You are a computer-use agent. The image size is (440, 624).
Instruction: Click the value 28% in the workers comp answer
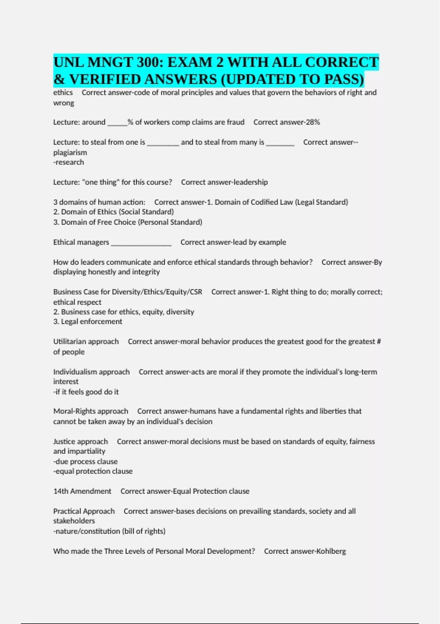[x=313, y=122]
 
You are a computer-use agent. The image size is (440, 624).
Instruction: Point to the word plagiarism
[x=70, y=152]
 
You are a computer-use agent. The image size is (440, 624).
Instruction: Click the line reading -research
[x=69, y=162]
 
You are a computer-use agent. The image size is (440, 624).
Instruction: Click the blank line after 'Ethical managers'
[x=141, y=243]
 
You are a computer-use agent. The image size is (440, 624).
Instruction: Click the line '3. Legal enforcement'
[x=88, y=322]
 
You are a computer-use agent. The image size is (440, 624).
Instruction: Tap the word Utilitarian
[x=70, y=342]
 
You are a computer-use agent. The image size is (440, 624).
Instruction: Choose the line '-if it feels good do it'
[x=86, y=392]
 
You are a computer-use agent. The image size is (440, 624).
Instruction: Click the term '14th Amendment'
[x=82, y=491]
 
